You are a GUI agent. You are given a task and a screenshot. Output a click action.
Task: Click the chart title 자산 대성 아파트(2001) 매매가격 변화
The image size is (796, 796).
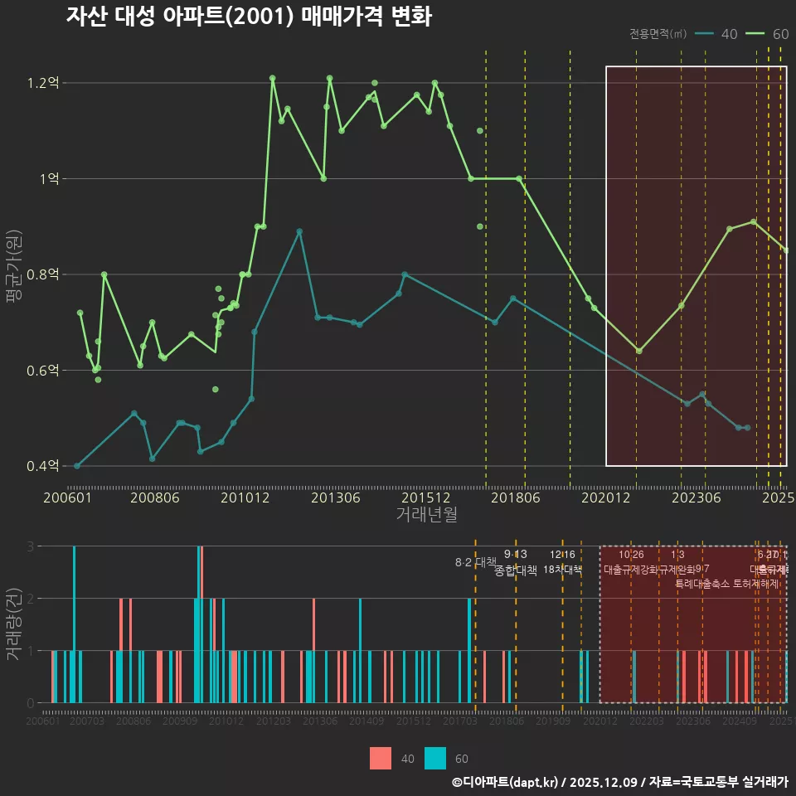coord(248,17)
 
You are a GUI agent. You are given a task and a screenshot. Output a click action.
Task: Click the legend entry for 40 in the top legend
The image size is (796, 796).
coord(718,34)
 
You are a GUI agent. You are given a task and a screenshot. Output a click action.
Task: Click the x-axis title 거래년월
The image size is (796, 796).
coord(426,515)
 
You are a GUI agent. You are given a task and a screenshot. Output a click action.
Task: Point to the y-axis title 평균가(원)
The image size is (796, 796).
coord(13,274)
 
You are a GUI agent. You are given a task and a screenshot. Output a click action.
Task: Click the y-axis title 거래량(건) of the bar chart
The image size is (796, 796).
coord(13,624)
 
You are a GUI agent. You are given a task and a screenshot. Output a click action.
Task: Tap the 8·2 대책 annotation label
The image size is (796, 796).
coord(475,562)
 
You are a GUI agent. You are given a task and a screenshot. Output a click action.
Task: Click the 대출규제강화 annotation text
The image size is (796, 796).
coord(630,570)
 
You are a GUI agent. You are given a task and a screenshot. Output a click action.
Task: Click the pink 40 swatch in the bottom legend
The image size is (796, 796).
coord(380,758)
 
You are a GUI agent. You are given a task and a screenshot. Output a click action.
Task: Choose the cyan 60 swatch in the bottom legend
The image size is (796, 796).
coord(435,758)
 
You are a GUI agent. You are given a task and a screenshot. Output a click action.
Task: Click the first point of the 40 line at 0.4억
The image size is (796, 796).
coord(77,466)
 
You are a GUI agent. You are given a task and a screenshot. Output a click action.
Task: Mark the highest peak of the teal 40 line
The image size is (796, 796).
coord(299,231)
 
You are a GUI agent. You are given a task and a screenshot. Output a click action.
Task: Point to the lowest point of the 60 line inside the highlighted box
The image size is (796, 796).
coord(638,351)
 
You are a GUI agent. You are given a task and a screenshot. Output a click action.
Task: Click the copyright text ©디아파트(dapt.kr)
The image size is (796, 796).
coord(506,782)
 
